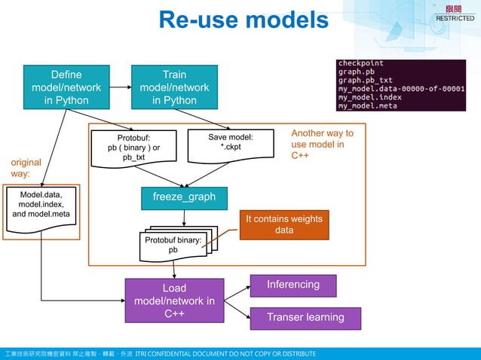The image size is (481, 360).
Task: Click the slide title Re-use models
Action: pos(244,20)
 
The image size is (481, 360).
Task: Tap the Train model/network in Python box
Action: pos(174,87)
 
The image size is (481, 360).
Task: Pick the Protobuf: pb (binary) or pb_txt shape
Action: pos(133,148)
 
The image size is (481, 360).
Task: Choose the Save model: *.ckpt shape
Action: pos(230,145)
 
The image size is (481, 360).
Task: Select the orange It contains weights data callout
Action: pos(283,224)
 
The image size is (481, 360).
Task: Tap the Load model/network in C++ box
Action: pos(174,301)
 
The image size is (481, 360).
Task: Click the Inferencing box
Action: pos(293,285)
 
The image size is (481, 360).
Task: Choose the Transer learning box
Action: pos(305,318)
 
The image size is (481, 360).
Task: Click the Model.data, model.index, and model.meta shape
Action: pos(41,205)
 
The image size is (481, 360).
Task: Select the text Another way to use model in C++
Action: pos(322,145)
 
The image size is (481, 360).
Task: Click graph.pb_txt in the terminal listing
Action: pos(366,80)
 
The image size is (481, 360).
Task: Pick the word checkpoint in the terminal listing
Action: pos(360,63)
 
